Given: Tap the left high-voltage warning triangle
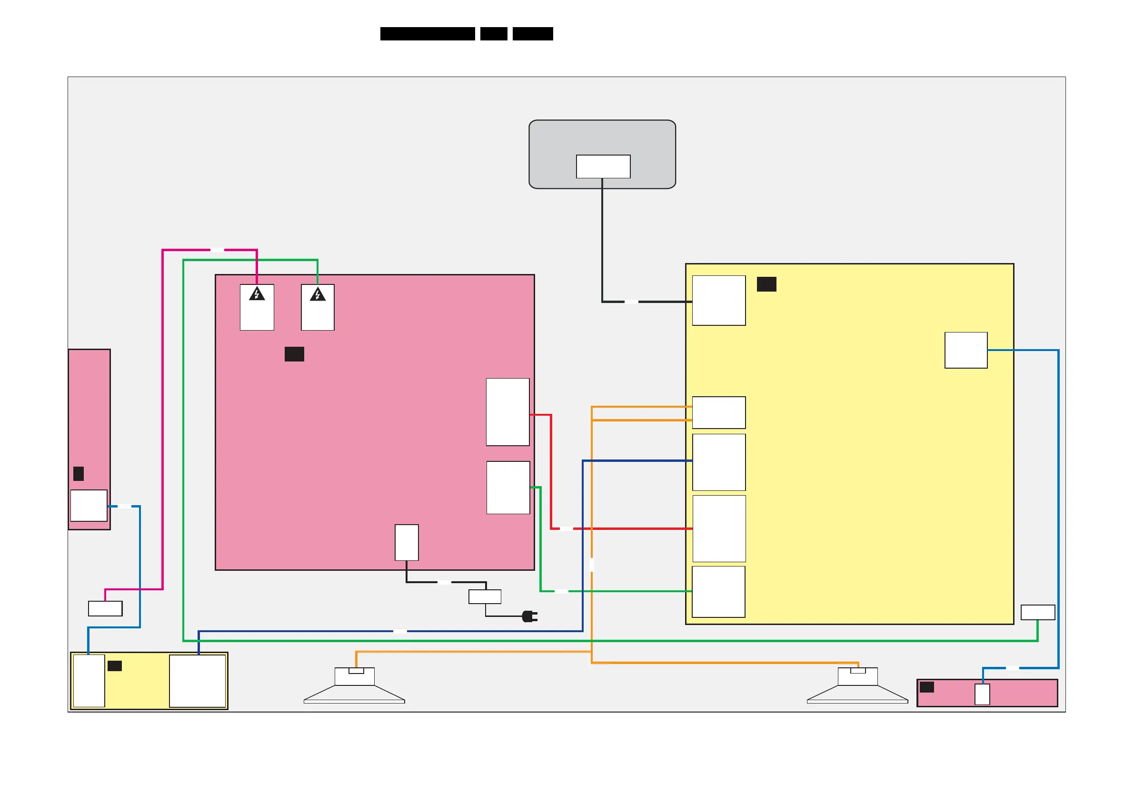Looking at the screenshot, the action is point(257,294).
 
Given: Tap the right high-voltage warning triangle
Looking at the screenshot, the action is point(318,294).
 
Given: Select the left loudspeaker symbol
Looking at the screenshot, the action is point(354,686).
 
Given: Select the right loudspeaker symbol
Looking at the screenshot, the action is point(857,686).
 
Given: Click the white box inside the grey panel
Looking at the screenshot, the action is point(603,166).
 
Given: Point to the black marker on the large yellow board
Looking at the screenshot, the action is point(766,284).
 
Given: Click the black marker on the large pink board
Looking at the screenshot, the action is point(294,354).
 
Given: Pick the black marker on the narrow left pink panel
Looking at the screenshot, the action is point(79,474).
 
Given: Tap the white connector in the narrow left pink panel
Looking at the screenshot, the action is point(89,505).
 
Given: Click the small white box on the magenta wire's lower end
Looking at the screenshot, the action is point(105,608).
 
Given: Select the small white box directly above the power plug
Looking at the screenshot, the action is point(485,596).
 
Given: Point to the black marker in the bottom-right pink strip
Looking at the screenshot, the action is point(926,687).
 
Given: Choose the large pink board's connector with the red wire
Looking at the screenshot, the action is point(508,412).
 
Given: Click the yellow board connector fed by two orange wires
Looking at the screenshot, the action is point(718,412).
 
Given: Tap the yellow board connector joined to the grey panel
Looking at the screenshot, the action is point(718,301).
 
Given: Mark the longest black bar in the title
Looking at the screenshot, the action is point(427,34).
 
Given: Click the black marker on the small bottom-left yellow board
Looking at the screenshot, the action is point(115,666).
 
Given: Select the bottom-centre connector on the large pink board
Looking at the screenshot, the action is point(407,542).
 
